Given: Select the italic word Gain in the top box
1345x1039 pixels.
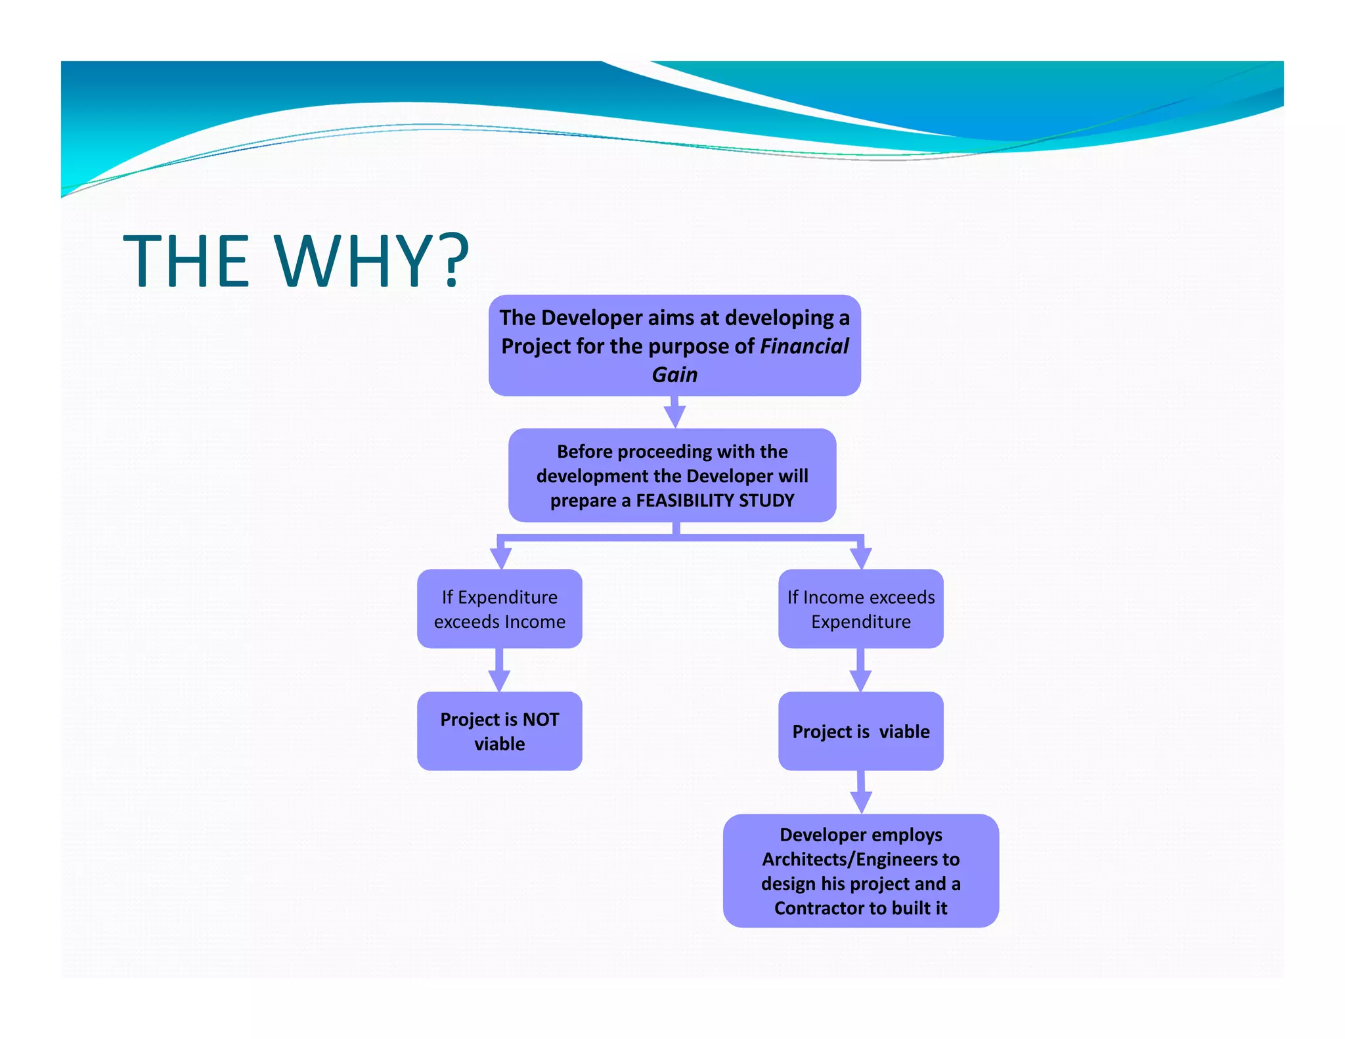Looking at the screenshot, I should (x=674, y=374).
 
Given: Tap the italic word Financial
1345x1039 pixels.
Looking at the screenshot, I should (x=804, y=346).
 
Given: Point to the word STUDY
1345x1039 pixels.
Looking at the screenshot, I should (x=766, y=500).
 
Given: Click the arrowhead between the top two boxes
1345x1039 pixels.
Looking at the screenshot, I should (x=674, y=416).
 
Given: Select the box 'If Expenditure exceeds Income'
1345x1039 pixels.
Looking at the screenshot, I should (x=499, y=609).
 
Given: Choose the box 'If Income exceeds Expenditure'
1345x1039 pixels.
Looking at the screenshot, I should (x=860, y=609).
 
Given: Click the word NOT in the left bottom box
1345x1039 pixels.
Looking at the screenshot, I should (x=540, y=719).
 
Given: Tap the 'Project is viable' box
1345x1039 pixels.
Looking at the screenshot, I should (x=860, y=731).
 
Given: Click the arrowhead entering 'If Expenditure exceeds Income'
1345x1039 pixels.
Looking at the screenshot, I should (x=501, y=558).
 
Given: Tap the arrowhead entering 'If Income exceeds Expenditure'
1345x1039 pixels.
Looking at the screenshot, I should (x=860, y=558).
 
